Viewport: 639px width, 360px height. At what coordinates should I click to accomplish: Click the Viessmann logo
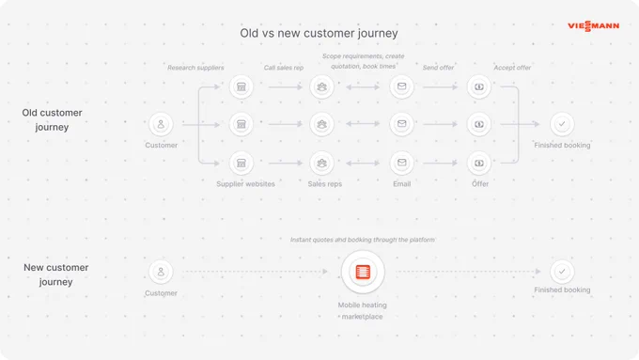593,26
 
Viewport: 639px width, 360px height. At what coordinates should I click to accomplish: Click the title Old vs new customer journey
319,33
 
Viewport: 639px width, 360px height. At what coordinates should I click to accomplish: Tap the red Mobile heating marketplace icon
363,272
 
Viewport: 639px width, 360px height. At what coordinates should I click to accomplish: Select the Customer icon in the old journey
161,124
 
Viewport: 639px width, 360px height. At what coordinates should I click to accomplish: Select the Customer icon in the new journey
161,272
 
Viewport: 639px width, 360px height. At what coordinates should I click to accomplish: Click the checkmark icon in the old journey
562,124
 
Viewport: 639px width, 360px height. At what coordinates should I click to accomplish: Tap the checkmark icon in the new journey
562,272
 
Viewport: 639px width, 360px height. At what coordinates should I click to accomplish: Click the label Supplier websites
246,184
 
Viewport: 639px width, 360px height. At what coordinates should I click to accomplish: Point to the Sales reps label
325,184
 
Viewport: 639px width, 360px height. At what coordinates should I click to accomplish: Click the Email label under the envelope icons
402,184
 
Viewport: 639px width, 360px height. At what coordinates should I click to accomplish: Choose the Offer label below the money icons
480,184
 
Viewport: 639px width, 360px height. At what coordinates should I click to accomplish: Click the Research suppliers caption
195,68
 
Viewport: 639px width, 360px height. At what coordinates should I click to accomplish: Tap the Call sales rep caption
284,68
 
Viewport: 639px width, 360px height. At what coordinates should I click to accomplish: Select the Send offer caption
438,68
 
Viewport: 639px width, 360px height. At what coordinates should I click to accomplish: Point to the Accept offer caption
512,68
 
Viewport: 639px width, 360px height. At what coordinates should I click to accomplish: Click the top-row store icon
242,86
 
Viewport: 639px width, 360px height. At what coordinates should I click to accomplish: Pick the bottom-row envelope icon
402,163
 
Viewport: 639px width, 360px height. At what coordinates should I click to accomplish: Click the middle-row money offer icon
479,124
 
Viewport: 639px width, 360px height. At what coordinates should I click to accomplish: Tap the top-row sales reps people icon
322,86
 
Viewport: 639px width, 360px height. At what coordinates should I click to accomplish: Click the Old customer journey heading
53,120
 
